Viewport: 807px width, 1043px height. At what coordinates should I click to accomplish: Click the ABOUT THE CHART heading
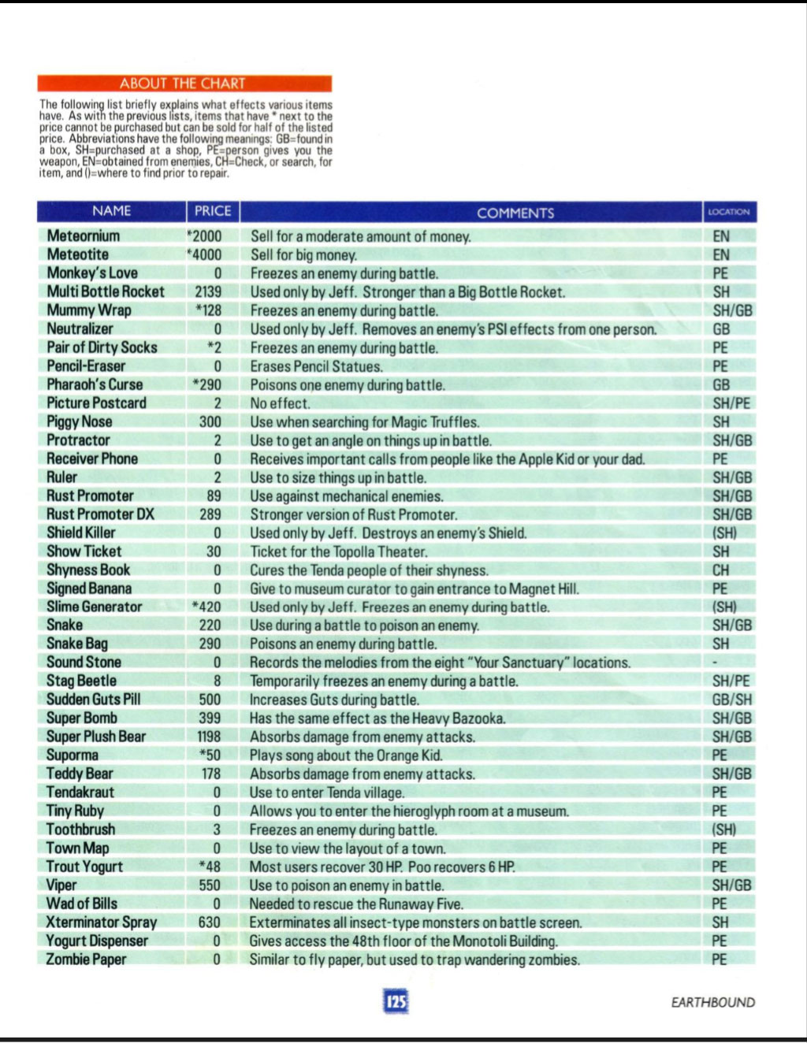[x=183, y=84]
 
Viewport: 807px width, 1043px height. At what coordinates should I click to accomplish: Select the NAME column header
[x=111, y=211]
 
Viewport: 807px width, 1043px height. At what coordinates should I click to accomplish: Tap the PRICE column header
[x=213, y=211]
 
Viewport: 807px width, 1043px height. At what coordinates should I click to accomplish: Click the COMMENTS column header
[x=515, y=213]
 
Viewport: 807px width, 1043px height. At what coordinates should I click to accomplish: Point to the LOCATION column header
[x=729, y=212]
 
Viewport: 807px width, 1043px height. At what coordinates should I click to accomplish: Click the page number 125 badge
[x=396, y=1000]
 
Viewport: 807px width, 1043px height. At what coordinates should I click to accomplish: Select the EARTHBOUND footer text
[x=712, y=1002]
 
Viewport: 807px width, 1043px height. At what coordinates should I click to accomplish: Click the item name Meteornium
[x=84, y=236]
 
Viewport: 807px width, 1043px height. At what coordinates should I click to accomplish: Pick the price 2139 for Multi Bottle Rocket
[x=208, y=291]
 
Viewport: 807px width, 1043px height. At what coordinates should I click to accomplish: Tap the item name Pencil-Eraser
[x=86, y=366]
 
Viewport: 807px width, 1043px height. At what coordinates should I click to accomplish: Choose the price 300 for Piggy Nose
[x=210, y=421]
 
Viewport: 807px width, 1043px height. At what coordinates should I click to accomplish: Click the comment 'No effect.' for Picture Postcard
[x=280, y=403]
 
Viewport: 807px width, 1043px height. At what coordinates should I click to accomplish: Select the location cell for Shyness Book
[x=720, y=570]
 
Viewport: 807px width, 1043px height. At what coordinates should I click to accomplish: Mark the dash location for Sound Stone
[x=715, y=663]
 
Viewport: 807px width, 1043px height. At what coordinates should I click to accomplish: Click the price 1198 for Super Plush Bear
[x=209, y=737]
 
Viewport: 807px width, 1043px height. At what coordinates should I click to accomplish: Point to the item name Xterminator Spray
[x=102, y=922]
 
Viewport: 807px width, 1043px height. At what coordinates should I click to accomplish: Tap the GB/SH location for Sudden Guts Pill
[x=732, y=700]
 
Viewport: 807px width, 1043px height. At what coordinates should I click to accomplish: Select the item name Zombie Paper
[x=87, y=959]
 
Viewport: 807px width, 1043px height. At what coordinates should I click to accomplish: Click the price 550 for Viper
[x=210, y=885]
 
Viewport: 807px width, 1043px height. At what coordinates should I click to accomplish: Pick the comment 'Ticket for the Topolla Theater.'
[x=339, y=551]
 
